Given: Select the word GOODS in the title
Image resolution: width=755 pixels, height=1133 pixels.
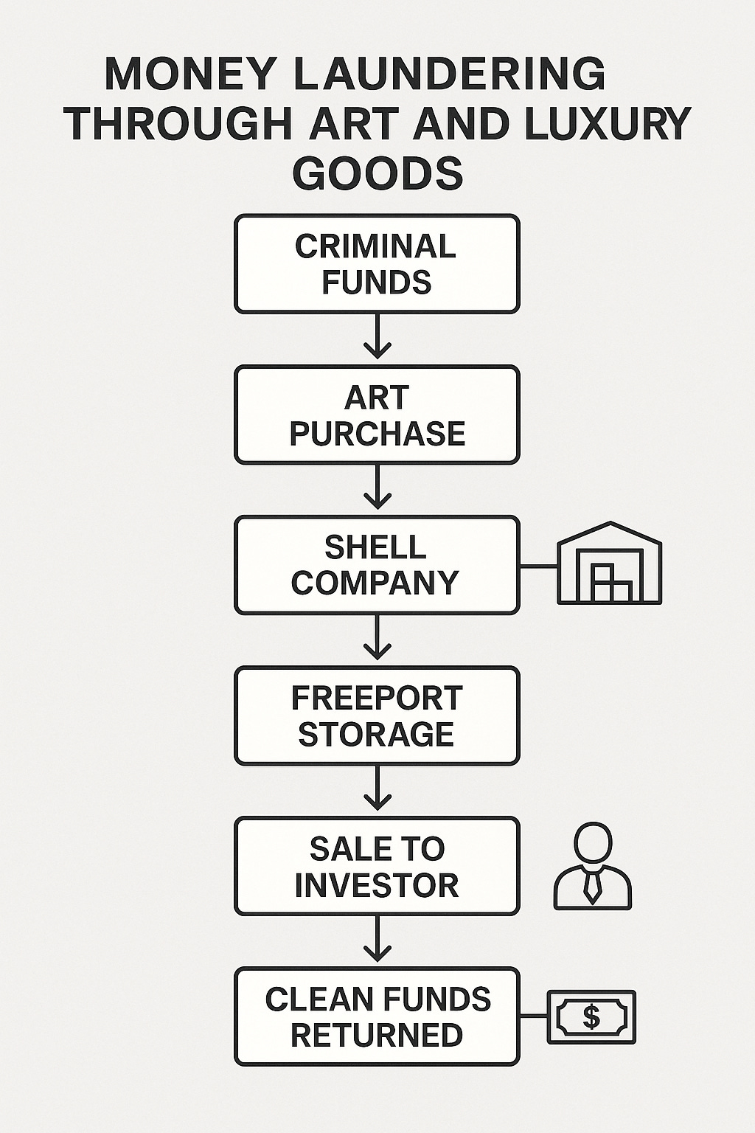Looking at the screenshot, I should click(x=377, y=173).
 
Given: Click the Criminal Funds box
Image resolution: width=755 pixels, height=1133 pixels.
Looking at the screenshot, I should click(x=377, y=264).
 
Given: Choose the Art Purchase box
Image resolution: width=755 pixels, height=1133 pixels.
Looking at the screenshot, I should click(x=377, y=415).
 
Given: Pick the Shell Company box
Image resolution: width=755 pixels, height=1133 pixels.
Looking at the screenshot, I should click(x=377, y=566).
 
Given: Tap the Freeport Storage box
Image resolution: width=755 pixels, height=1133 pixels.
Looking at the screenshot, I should click(x=377, y=716).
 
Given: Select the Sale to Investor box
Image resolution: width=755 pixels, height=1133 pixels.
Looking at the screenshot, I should click(x=377, y=867).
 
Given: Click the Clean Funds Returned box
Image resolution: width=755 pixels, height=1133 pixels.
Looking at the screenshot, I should click(x=377, y=1017).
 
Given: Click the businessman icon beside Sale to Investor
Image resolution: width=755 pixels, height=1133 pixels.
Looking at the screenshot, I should click(x=593, y=866).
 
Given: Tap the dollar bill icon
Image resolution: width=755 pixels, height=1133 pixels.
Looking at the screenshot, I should click(x=591, y=1017).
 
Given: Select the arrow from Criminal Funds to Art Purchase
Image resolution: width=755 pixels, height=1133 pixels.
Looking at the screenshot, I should click(x=377, y=337).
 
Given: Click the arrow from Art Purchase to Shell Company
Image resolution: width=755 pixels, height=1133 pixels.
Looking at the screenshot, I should click(x=377, y=488).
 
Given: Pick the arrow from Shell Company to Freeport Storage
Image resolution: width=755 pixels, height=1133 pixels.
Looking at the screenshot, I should click(x=377, y=638).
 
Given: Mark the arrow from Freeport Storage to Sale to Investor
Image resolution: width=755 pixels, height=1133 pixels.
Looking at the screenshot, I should click(x=377, y=789).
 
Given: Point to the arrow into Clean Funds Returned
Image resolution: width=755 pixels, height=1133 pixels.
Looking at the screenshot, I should click(x=377, y=940).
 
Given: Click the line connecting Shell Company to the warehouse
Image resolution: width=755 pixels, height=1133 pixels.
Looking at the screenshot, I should click(x=538, y=566).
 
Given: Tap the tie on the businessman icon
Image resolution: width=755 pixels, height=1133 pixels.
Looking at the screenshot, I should click(x=592, y=885).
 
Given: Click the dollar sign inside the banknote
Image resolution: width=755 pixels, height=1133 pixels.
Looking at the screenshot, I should click(x=591, y=1017).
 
